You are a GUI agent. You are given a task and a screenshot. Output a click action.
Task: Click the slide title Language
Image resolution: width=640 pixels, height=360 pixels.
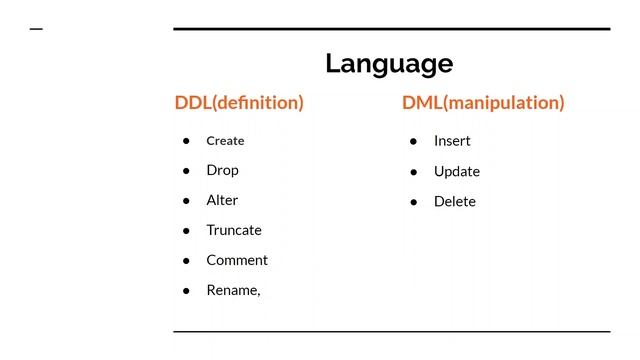389,63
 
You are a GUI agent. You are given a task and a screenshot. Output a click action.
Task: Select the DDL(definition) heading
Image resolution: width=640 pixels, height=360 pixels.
239,102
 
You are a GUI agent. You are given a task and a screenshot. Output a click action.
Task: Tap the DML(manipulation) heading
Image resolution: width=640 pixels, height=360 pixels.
483,102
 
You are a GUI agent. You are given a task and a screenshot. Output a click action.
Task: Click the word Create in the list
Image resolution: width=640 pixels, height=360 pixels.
225,141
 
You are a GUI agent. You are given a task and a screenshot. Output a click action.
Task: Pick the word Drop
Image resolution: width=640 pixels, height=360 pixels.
222,170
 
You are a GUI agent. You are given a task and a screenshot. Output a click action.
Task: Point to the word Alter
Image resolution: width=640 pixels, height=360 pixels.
222,200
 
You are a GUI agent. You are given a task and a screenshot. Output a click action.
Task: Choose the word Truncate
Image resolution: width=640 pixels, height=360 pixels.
234,230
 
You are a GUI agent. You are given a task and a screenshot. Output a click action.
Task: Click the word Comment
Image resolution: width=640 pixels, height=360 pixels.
237,260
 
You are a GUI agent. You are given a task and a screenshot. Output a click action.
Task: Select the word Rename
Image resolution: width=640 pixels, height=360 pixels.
233,290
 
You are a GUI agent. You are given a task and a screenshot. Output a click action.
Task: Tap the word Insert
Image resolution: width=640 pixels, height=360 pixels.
452,141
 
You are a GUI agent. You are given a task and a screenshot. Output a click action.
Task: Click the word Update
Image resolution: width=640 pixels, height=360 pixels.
457,171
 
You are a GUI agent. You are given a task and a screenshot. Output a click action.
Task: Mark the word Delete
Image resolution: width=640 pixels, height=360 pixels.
455,201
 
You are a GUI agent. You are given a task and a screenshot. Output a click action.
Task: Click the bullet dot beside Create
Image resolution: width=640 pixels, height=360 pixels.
186,141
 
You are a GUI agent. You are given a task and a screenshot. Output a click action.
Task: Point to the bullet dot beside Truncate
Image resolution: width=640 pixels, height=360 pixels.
186,231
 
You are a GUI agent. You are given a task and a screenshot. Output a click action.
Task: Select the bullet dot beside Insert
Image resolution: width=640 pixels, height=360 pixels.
413,141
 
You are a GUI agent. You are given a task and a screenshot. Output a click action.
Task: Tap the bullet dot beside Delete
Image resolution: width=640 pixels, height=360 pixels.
413,202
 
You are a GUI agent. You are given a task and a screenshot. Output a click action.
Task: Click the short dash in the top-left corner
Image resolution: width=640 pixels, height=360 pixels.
36,29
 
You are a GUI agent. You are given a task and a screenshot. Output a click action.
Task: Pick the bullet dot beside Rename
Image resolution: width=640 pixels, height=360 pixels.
186,291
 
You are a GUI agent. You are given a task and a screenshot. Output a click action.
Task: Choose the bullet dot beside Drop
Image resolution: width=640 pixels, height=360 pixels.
186,171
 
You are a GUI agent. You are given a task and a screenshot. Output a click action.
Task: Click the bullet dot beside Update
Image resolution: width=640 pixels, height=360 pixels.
413,172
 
